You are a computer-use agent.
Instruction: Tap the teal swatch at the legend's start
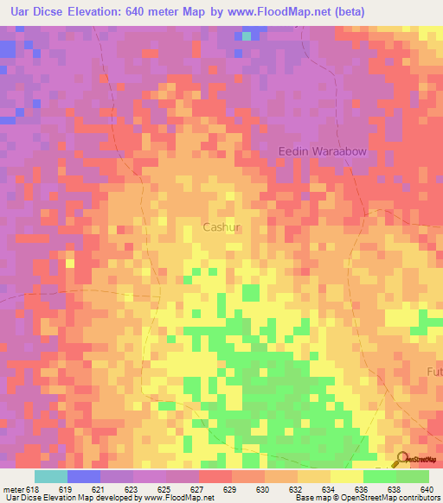click(50, 476)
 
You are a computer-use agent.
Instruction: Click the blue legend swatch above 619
click(83, 476)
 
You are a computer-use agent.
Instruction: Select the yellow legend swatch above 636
click(346, 476)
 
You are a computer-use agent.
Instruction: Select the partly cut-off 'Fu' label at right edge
click(434, 372)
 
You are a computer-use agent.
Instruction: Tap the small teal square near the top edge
click(247, 36)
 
